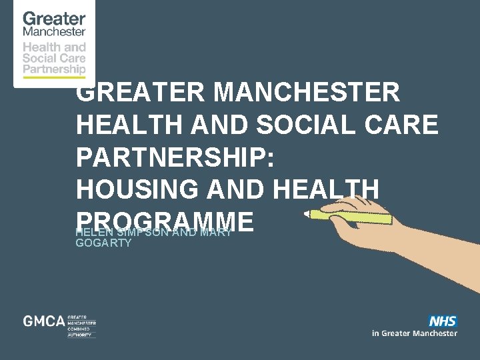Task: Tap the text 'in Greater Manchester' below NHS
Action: click(x=415, y=333)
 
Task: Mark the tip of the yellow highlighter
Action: click(x=308, y=214)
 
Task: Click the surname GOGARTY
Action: click(x=103, y=244)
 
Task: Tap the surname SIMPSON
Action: click(x=140, y=233)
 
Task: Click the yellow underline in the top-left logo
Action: click(x=54, y=77)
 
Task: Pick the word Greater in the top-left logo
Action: click(x=54, y=19)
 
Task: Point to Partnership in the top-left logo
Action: click(x=54, y=68)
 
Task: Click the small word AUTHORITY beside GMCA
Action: click(x=81, y=335)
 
